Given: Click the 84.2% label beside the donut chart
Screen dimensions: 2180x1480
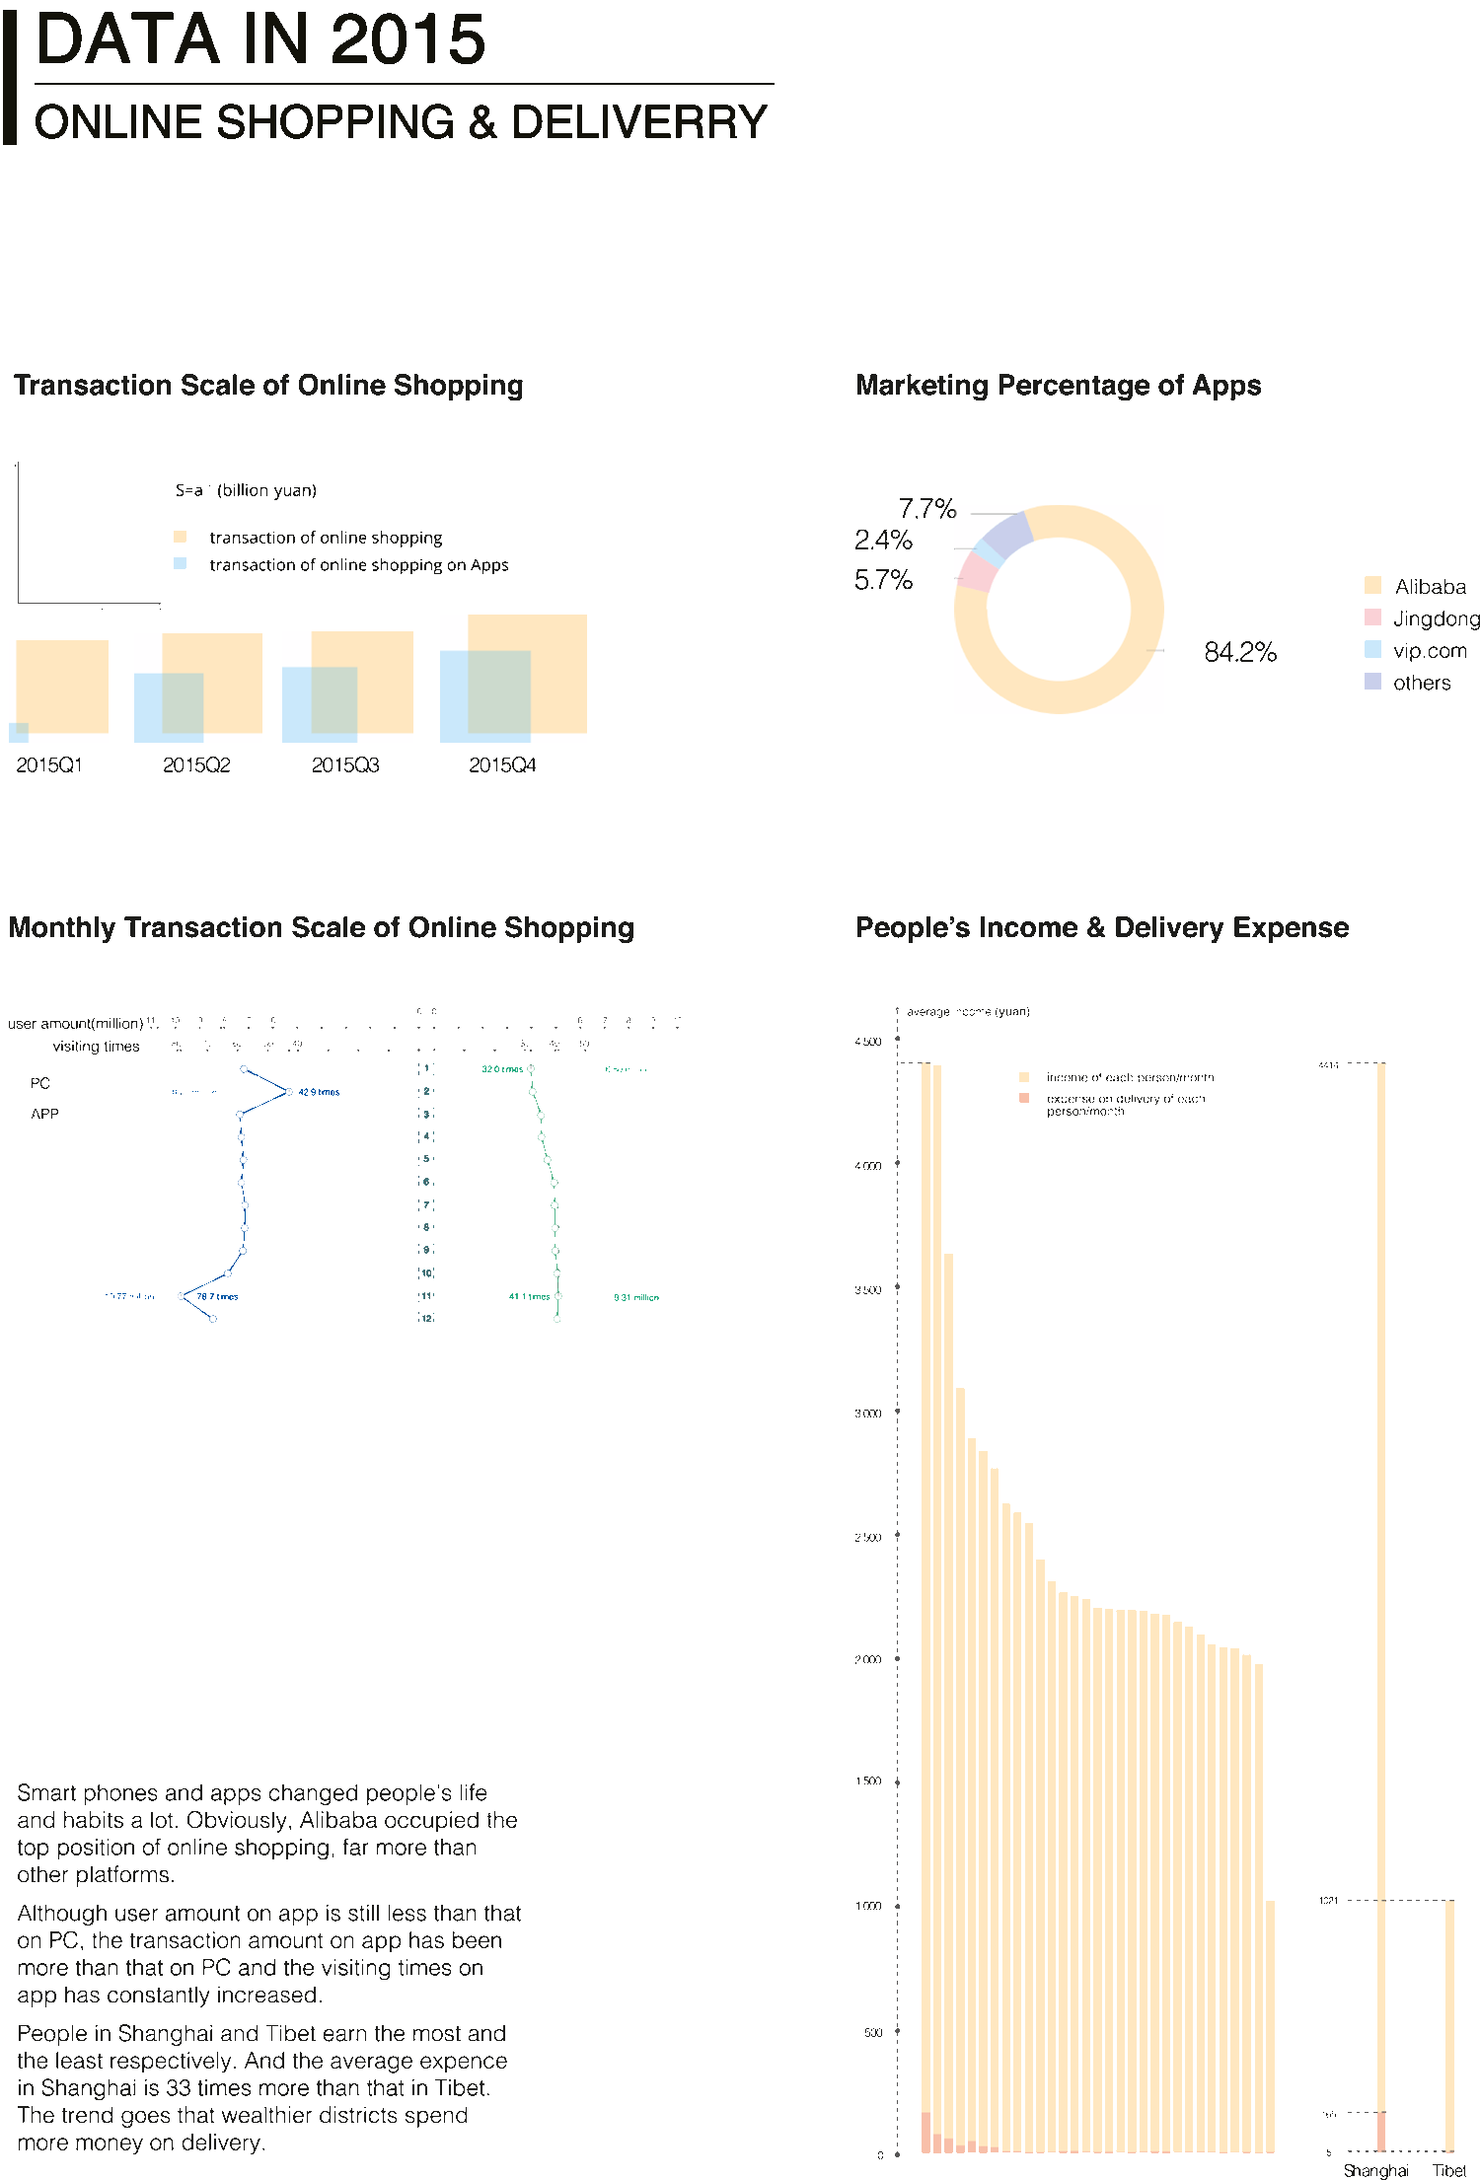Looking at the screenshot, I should click(x=1239, y=652).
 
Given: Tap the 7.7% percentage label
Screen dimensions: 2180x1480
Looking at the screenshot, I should click(x=926, y=509).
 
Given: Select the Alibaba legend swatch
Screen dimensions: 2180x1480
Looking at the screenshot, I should click(x=1372, y=585).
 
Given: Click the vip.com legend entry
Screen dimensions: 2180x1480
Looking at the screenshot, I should click(x=1429, y=651).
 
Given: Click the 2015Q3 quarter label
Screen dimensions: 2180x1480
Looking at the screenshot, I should click(x=345, y=765).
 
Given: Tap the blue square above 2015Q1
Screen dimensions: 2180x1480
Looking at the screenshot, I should click(x=18, y=732).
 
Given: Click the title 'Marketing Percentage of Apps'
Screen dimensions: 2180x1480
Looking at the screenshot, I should click(x=1058, y=385).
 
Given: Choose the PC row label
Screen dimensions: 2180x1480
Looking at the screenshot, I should click(x=39, y=1083).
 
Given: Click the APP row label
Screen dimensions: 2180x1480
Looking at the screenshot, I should click(x=44, y=1114).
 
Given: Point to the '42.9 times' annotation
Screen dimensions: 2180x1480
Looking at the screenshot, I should click(x=319, y=1092).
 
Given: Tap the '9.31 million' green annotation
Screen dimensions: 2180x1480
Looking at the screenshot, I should click(x=635, y=1297).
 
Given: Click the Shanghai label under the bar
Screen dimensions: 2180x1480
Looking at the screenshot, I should click(x=1375, y=2170).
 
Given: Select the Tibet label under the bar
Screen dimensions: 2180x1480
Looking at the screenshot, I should click(x=1448, y=2170).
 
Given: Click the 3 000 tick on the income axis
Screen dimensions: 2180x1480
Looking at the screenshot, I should click(x=867, y=1414).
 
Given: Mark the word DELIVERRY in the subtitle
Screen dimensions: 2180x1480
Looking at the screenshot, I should click(x=638, y=122).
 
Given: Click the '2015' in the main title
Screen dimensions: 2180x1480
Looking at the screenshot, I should click(x=407, y=40).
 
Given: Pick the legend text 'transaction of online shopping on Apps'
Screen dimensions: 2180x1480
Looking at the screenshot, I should click(x=358, y=565).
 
